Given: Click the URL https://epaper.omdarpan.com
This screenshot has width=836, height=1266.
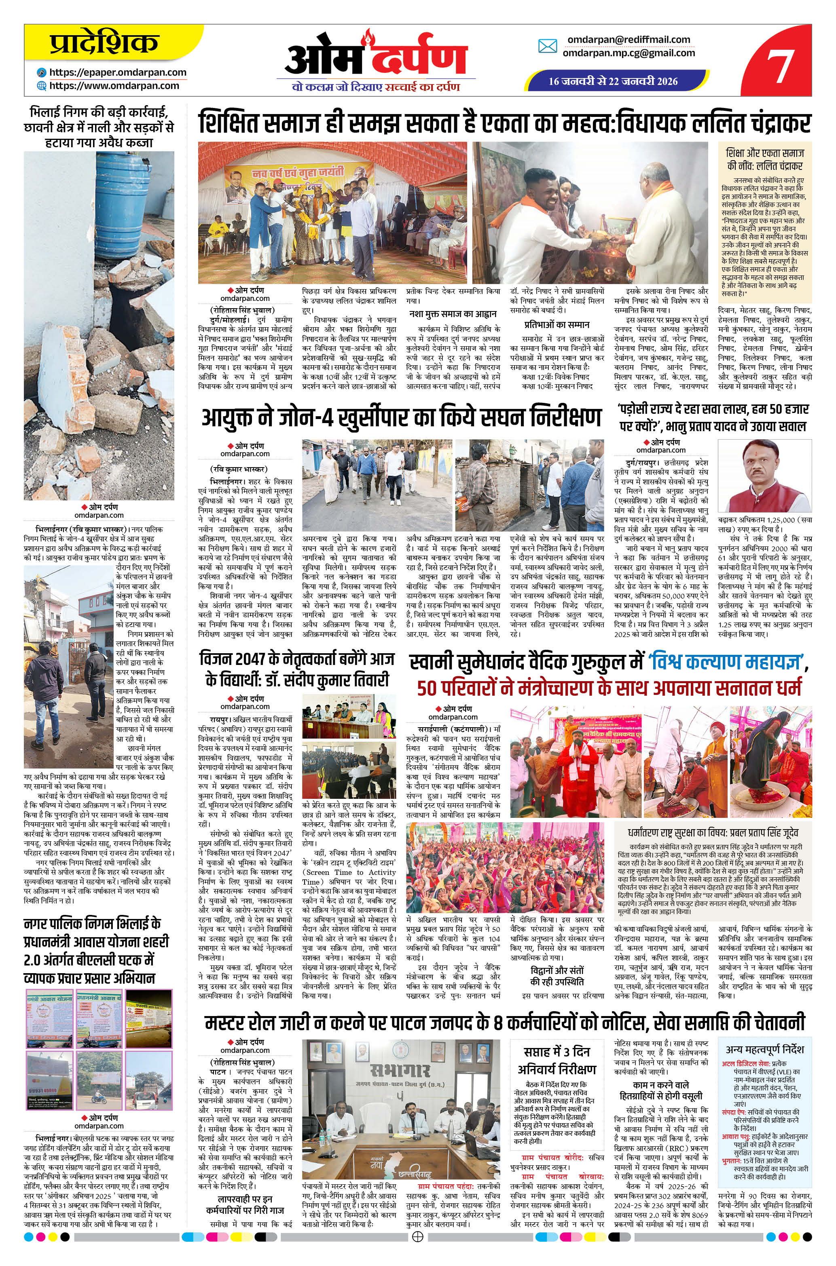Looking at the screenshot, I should (118, 72).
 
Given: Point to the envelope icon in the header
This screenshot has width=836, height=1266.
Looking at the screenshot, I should (548, 47).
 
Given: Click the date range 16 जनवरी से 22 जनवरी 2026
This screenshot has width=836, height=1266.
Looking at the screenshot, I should (613, 81).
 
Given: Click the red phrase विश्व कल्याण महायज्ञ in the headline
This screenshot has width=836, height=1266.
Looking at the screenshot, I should (726, 663).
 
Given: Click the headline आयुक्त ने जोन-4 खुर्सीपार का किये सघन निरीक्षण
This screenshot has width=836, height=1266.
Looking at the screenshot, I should (401, 418).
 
